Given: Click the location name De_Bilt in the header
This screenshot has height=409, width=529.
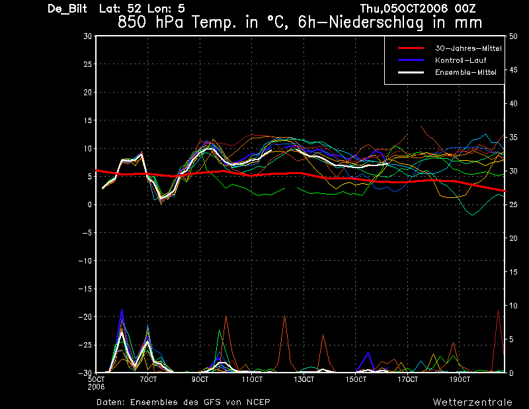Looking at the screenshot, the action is tap(67, 9).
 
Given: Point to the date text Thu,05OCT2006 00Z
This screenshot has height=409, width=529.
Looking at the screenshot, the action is tap(418, 8).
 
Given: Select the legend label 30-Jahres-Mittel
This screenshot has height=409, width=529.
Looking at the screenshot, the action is tap(468, 48).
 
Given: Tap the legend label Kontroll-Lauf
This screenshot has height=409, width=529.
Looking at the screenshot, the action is tap(460, 60).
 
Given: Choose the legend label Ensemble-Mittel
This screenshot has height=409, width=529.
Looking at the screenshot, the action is tap(466, 72).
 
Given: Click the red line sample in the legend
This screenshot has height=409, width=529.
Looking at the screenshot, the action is tap(411, 48).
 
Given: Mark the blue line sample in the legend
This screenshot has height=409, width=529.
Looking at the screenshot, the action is tap(411, 60).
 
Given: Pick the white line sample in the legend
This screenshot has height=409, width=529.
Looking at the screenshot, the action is tap(411, 72).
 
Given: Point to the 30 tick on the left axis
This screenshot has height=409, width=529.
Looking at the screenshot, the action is tap(87, 36).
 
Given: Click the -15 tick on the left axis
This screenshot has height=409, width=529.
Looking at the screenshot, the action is tap(85, 289).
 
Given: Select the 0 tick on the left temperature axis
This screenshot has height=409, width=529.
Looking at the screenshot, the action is tap(89, 204).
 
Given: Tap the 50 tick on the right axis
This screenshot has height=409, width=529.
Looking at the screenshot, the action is tap(513, 36).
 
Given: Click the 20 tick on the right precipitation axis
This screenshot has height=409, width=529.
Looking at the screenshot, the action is tap(513, 238).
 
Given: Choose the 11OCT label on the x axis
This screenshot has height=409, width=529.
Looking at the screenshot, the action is tap(252, 379).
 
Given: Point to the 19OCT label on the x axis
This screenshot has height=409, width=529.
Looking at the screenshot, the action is tap(460, 379).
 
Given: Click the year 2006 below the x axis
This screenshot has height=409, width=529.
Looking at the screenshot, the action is tap(96, 386).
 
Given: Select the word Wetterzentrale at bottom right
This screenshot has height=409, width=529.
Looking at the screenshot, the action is tap(472, 402).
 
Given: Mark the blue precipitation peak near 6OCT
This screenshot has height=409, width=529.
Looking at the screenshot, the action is tap(122, 309).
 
